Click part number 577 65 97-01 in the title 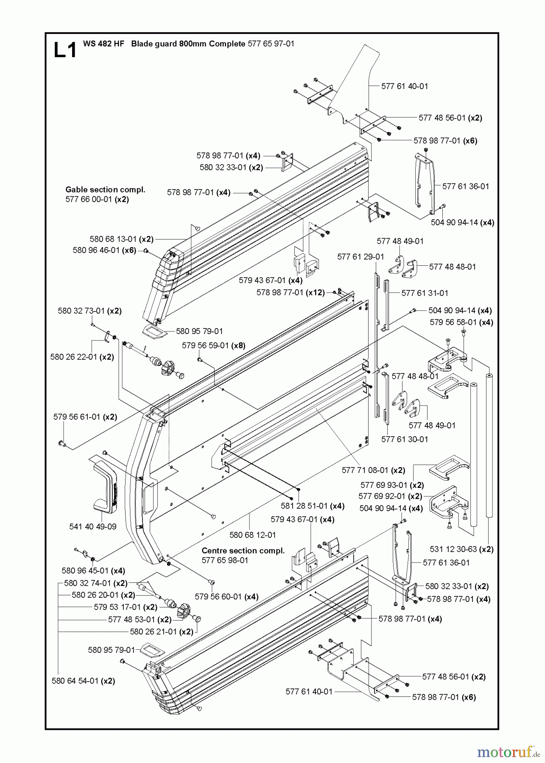point(271,44)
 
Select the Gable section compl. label point(105,190)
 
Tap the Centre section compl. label point(243,551)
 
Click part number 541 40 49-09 point(92,526)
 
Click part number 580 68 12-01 point(253,535)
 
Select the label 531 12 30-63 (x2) point(461,549)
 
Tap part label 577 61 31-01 point(425,293)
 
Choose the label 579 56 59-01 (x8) point(214,345)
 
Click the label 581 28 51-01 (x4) point(313,506)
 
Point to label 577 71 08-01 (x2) point(373,470)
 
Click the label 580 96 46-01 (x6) point(104,251)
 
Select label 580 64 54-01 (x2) point(83,681)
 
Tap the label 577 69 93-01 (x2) point(392,485)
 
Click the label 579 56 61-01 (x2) point(85,417)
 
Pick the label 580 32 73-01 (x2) point(89,311)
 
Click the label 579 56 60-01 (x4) point(226,596)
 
